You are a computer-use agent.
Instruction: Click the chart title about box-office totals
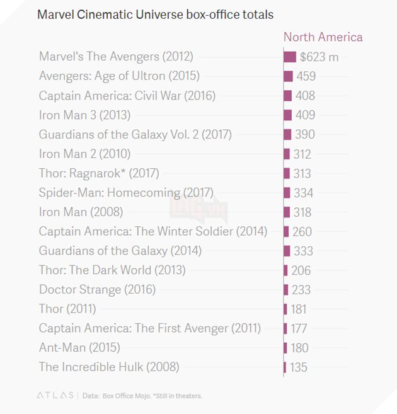click(x=155, y=14)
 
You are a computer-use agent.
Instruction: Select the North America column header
click(x=323, y=37)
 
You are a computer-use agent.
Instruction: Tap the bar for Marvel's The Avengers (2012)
click(x=290, y=57)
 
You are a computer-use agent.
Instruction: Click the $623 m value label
click(x=319, y=57)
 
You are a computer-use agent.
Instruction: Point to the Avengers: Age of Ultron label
click(x=119, y=76)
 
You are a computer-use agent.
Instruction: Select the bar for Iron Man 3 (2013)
click(x=288, y=115)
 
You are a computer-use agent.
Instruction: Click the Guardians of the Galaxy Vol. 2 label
click(x=135, y=134)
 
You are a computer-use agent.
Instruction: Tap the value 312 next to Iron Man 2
click(x=302, y=154)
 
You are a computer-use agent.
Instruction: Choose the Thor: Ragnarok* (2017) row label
click(x=99, y=173)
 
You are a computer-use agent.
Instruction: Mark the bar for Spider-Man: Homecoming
click(x=287, y=193)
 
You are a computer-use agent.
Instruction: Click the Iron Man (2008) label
click(x=81, y=212)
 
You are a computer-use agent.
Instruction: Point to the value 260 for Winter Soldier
click(x=302, y=232)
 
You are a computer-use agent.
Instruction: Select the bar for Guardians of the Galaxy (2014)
click(x=287, y=251)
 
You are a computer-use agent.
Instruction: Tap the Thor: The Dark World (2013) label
click(x=112, y=270)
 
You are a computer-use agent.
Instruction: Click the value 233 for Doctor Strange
click(x=301, y=290)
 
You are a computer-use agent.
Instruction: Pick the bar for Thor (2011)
click(x=286, y=309)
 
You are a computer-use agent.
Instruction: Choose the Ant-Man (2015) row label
click(x=79, y=347)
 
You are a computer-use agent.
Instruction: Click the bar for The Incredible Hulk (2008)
click(x=285, y=367)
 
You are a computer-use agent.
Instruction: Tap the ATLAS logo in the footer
click(x=54, y=396)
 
